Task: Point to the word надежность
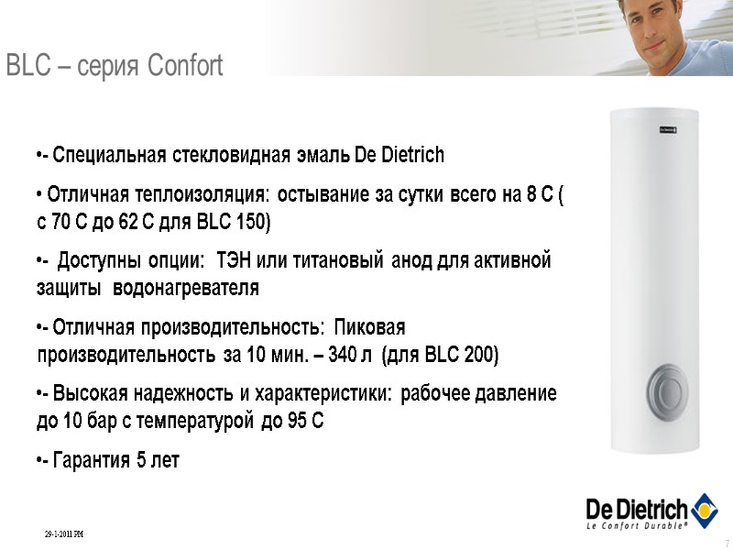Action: (181, 395)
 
